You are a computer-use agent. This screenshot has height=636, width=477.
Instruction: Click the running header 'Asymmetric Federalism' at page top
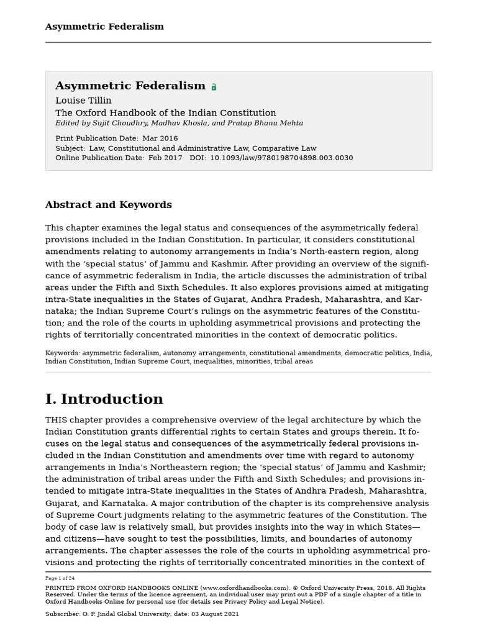tap(104, 27)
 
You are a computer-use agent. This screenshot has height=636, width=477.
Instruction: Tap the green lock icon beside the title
tap(214, 87)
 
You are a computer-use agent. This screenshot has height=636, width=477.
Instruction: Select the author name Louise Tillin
tap(83, 101)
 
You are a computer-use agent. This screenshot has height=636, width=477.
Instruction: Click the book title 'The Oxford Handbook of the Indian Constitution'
tap(166, 113)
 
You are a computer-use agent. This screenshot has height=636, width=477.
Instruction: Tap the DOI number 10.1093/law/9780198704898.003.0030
tap(282, 158)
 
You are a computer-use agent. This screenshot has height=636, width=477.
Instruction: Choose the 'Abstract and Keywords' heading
tap(108, 205)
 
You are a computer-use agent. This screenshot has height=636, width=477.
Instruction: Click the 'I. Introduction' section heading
tap(104, 399)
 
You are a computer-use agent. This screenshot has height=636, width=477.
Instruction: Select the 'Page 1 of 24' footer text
tap(60, 578)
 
